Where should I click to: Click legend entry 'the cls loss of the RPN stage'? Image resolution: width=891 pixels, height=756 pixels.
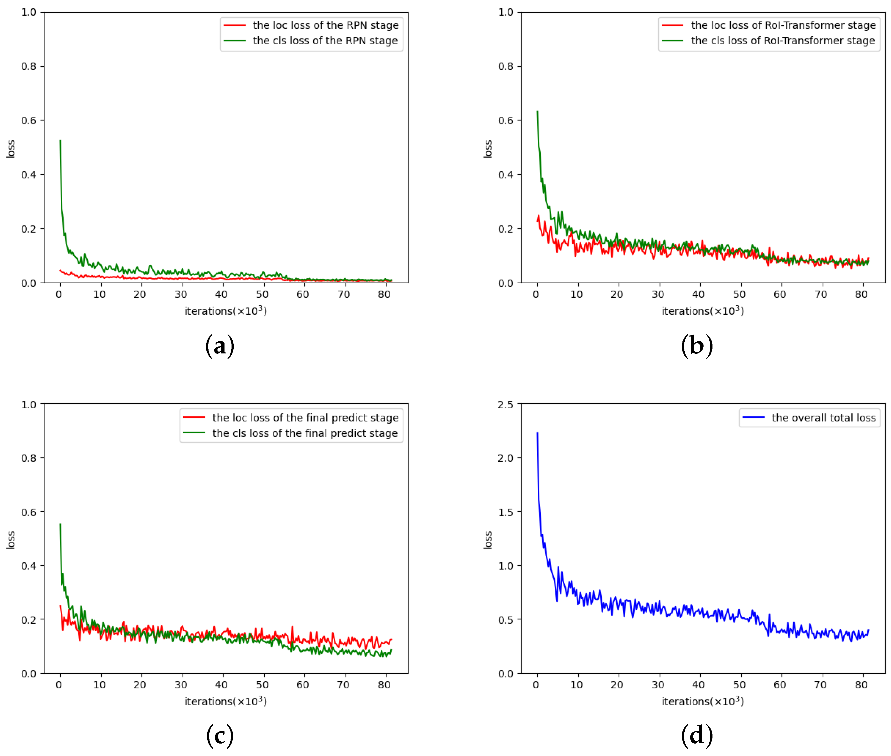coord(325,41)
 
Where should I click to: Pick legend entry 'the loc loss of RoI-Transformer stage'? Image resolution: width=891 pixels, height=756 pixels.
coord(783,25)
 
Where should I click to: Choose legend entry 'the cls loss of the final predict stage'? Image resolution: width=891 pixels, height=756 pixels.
coord(305,433)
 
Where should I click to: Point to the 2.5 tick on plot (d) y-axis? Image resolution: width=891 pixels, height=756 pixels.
coord(505,404)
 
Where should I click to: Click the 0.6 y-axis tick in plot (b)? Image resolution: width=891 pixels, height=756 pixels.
coord(505,121)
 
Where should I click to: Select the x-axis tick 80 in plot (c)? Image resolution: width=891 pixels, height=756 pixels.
coord(384,685)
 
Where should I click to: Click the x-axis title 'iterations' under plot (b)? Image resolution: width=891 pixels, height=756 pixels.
coord(702,311)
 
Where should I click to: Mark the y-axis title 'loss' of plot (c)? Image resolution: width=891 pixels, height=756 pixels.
coord(11,540)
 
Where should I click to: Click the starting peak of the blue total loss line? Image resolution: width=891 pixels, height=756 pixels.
coord(537,433)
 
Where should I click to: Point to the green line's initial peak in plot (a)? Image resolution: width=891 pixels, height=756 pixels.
coord(60,141)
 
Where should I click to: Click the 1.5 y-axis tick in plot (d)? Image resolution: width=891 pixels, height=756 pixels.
coord(505,512)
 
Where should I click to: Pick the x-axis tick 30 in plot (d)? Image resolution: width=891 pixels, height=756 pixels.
coord(658,685)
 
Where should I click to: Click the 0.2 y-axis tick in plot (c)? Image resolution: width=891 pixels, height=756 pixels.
coord(28,620)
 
